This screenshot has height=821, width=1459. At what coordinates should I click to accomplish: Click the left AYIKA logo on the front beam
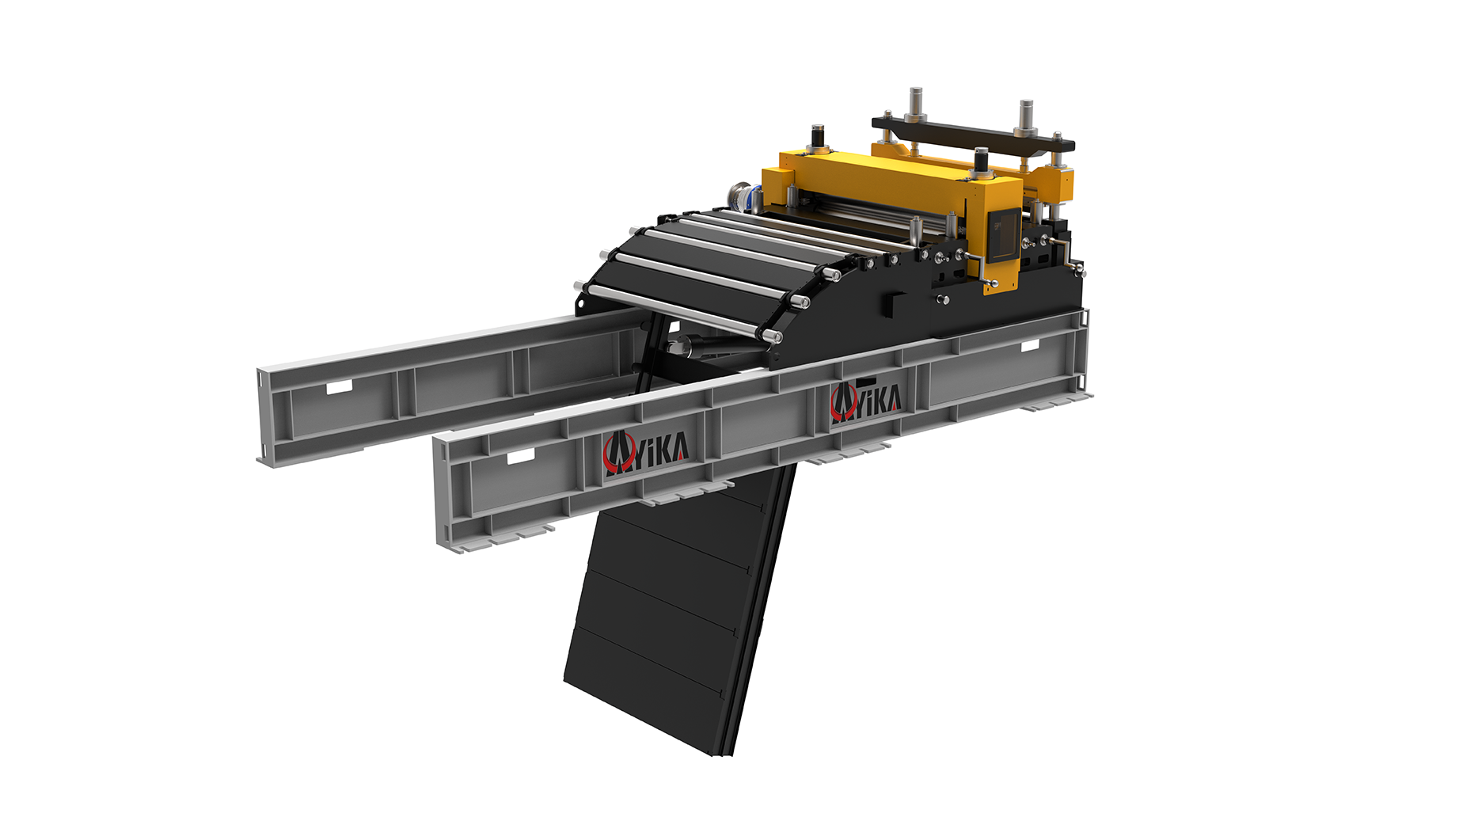pos(646,453)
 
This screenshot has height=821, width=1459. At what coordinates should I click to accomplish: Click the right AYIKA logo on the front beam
pos(865,400)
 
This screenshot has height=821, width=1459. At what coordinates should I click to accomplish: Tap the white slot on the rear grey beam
pos(340,386)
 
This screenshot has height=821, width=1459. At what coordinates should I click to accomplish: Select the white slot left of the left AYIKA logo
pos(521,457)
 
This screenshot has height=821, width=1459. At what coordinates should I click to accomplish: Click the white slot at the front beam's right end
pos(1031,346)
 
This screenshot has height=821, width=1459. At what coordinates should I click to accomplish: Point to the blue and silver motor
pos(745,197)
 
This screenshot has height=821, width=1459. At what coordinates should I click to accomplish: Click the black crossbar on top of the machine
pos(973,134)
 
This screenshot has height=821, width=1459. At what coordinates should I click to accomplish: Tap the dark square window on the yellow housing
pos(1003,236)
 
